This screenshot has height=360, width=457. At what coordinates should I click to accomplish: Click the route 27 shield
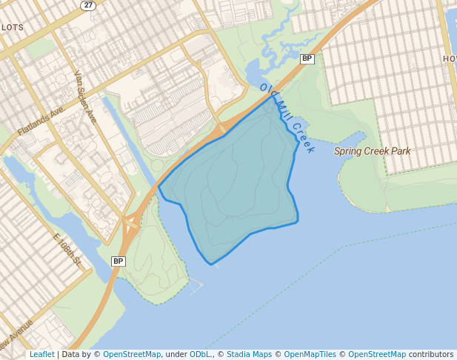(88, 5)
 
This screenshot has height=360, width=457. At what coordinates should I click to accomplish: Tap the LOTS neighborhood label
(13, 27)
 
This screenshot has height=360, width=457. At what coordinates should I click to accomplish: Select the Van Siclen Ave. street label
(86, 97)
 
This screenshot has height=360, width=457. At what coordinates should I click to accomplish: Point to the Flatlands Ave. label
(41, 119)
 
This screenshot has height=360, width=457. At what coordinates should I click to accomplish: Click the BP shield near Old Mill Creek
(307, 58)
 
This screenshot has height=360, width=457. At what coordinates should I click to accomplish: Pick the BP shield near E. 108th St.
(119, 261)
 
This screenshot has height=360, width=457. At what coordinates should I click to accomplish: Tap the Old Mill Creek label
(287, 119)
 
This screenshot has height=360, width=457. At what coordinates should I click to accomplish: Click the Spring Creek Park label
(372, 151)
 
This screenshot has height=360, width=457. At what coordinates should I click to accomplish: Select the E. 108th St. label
(66, 249)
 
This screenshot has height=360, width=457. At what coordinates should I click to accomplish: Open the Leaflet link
(41, 354)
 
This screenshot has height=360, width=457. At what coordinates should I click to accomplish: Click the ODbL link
(200, 354)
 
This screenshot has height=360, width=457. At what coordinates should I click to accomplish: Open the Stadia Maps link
(249, 354)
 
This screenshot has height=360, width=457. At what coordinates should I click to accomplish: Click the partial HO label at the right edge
(450, 59)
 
